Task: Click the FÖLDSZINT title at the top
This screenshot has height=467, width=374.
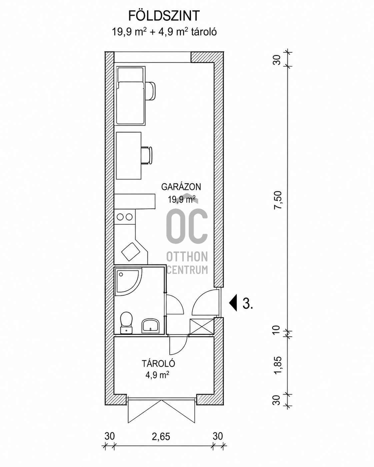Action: (164, 16)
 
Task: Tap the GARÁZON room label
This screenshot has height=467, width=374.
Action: (181, 187)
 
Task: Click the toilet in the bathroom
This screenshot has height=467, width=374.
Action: (126, 322)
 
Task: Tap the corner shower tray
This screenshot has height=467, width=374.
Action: (128, 281)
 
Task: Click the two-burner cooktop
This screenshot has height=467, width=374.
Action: (125, 217)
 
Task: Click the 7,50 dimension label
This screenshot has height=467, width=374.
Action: (278, 200)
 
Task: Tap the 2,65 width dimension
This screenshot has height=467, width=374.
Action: (161, 436)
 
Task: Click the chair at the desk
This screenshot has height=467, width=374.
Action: (147, 155)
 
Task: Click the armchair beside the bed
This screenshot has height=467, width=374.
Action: (150, 91)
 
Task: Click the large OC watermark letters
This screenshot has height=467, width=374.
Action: (187, 226)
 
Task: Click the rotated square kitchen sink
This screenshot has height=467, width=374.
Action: (131, 252)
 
